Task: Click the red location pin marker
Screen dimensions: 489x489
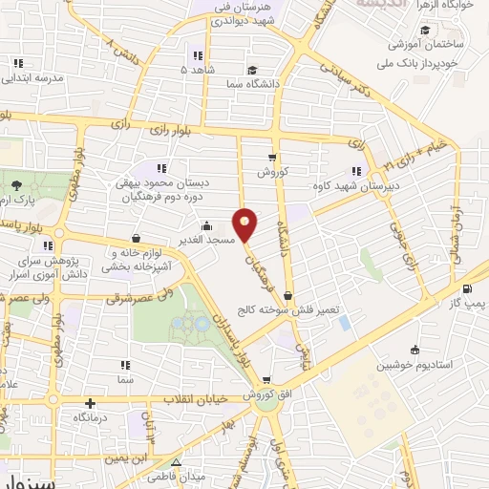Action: tap(246, 224)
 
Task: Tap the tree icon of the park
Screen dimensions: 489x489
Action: tap(16, 185)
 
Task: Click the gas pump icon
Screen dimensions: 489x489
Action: tap(466, 289)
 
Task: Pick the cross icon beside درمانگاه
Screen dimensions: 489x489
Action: tap(90, 403)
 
